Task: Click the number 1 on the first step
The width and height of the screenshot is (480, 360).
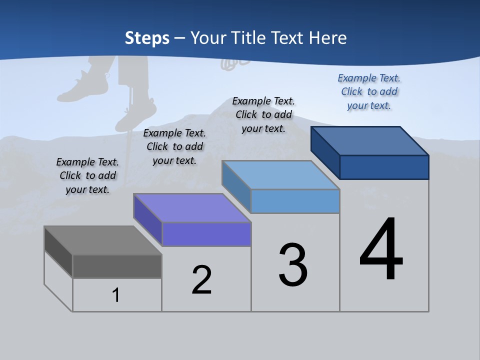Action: click(116, 295)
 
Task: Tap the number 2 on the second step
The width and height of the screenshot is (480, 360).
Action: click(201, 279)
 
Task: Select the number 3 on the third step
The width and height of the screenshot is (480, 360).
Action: click(293, 265)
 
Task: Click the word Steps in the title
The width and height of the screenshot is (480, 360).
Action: click(147, 38)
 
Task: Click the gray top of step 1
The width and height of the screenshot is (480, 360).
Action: click(102, 240)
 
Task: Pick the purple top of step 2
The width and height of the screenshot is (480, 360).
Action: click(192, 208)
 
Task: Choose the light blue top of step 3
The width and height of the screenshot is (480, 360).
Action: click(281, 175)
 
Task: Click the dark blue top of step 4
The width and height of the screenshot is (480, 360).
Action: click(370, 141)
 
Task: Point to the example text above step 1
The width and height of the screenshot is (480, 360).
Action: click(87, 175)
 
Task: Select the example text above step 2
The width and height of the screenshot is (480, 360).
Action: click(174, 146)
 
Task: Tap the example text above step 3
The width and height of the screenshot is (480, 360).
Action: click(263, 114)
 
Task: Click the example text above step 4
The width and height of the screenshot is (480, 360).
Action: click(369, 91)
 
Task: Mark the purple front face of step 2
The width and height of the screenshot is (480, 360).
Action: click(206, 234)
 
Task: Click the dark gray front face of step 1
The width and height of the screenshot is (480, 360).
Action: click(117, 266)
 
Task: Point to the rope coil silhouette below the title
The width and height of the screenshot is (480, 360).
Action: click(235, 62)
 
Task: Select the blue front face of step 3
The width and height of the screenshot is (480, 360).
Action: click(295, 201)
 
